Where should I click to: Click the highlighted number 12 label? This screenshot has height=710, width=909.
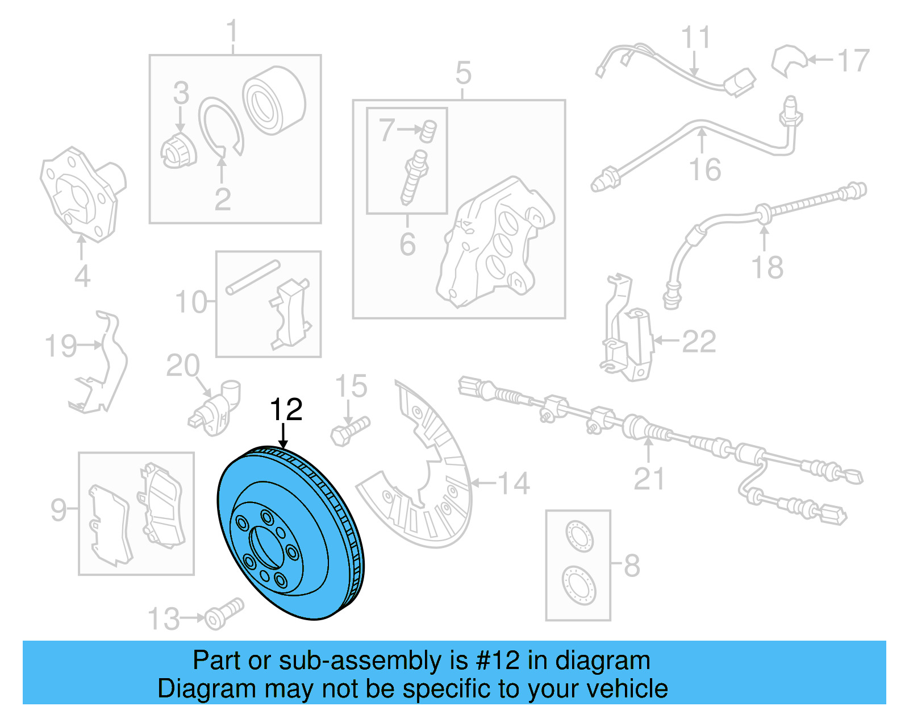click(286, 410)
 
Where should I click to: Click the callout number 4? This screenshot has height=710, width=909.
click(82, 276)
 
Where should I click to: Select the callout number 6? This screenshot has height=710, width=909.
click(407, 244)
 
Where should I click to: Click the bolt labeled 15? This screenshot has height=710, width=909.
click(350, 431)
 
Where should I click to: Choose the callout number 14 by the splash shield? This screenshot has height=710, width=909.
click(514, 484)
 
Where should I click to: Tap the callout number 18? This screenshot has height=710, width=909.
click(767, 267)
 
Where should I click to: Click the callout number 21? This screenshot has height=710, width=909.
click(649, 479)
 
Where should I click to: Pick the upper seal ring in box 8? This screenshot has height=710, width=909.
click(579, 537)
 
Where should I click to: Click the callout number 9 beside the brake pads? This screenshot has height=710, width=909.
click(59, 509)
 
